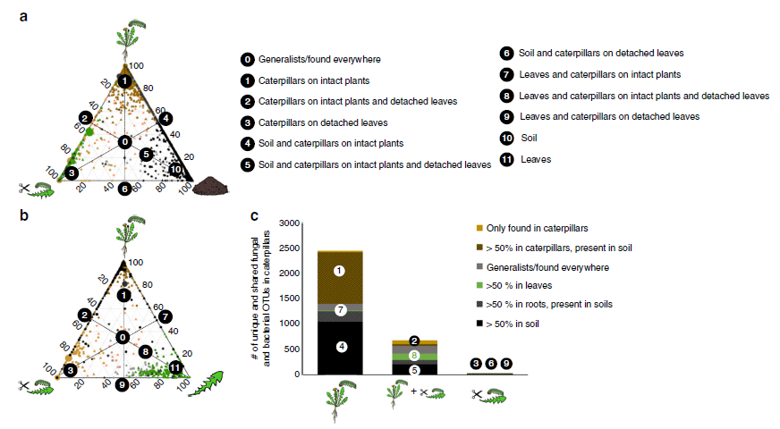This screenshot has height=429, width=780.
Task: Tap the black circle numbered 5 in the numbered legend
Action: tap(247, 164)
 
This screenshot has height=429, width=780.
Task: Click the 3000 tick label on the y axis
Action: tap(287, 223)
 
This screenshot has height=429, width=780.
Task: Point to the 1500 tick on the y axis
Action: tap(287, 299)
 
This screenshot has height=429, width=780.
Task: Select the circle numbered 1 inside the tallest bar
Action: tap(339, 270)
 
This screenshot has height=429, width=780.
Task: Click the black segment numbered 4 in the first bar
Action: tap(339, 347)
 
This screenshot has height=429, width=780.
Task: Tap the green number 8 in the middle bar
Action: tap(414, 355)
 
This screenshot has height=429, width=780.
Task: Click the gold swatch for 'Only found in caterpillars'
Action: tap(479, 228)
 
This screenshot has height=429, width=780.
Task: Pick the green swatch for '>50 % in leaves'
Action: tap(479, 285)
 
